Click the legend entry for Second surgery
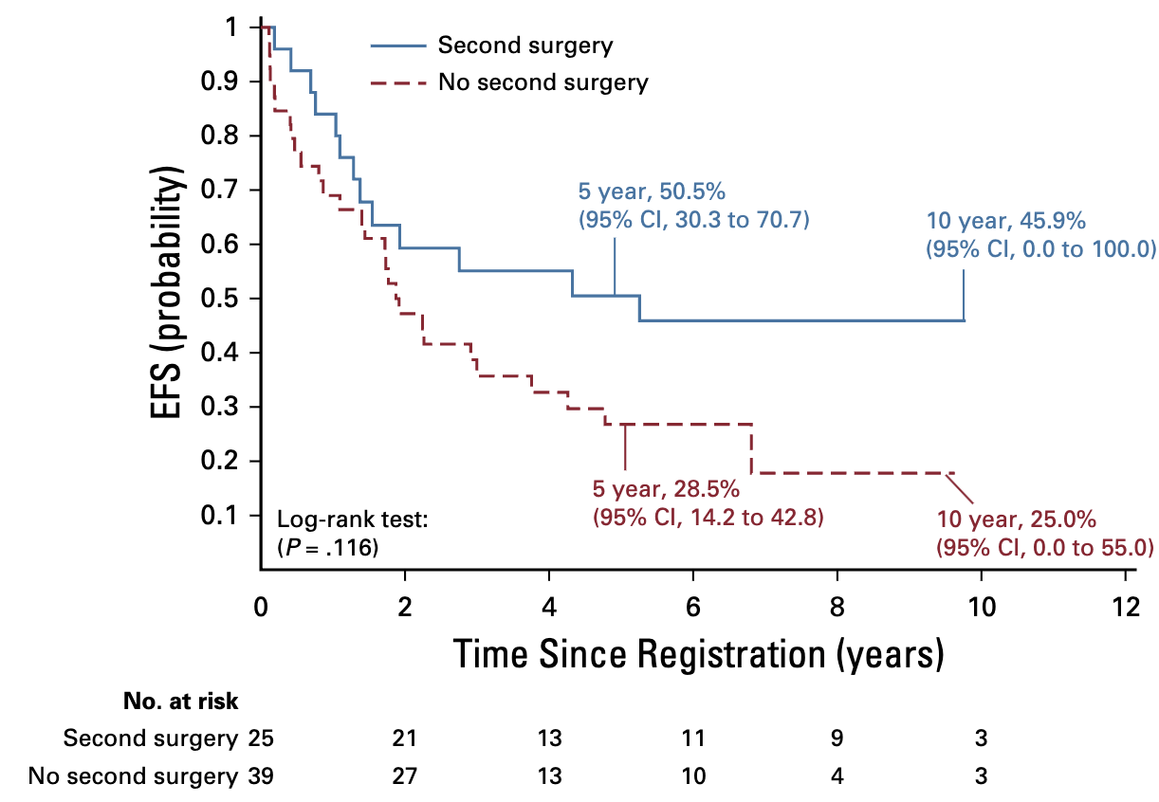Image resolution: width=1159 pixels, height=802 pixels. coord(524,46)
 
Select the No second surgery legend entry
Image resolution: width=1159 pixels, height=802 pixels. coord(543,82)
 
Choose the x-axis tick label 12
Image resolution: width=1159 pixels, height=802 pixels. coord(1125,607)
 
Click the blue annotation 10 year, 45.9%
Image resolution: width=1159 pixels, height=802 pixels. coord(1005,222)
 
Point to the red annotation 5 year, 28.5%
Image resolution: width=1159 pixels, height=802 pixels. coord(666,490)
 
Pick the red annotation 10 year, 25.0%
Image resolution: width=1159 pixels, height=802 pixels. coord(1016,519)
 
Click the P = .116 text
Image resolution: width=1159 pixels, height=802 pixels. coord(328,546)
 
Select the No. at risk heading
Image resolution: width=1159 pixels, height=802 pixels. coord(180,702)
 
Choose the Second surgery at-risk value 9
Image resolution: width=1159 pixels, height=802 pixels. coord(837,738)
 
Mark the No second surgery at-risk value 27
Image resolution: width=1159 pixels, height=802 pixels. coord(405,776)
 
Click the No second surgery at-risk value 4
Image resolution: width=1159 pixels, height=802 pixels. coord(837,776)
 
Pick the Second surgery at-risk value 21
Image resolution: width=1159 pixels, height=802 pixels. coord(405,738)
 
